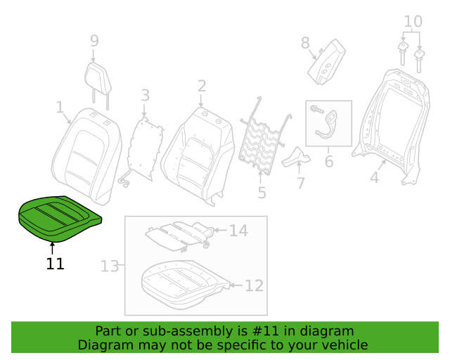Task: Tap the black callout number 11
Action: (x=55, y=264)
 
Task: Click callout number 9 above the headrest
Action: (x=94, y=41)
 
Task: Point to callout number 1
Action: (x=60, y=107)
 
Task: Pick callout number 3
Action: (x=146, y=95)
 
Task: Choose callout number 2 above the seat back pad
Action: (x=202, y=86)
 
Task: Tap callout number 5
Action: (x=262, y=193)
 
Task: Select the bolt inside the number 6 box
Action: (x=317, y=109)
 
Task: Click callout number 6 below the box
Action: (x=329, y=161)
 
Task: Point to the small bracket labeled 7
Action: (x=296, y=157)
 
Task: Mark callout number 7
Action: (x=300, y=183)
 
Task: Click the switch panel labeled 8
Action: (x=326, y=62)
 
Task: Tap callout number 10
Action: (x=413, y=22)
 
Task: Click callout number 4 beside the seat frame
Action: (x=375, y=177)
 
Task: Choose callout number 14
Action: (x=238, y=231)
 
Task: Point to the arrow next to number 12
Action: (x=236, y=285)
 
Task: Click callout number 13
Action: (x=110, y=266)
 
